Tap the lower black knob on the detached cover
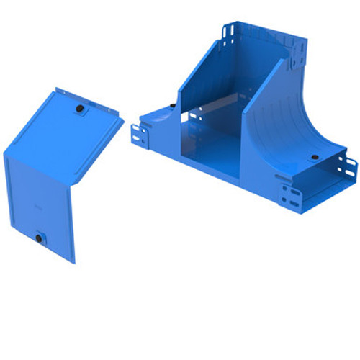[39, 235]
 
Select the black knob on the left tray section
[173, 106]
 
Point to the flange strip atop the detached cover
[90, 101]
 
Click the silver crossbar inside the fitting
[216, 104]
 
